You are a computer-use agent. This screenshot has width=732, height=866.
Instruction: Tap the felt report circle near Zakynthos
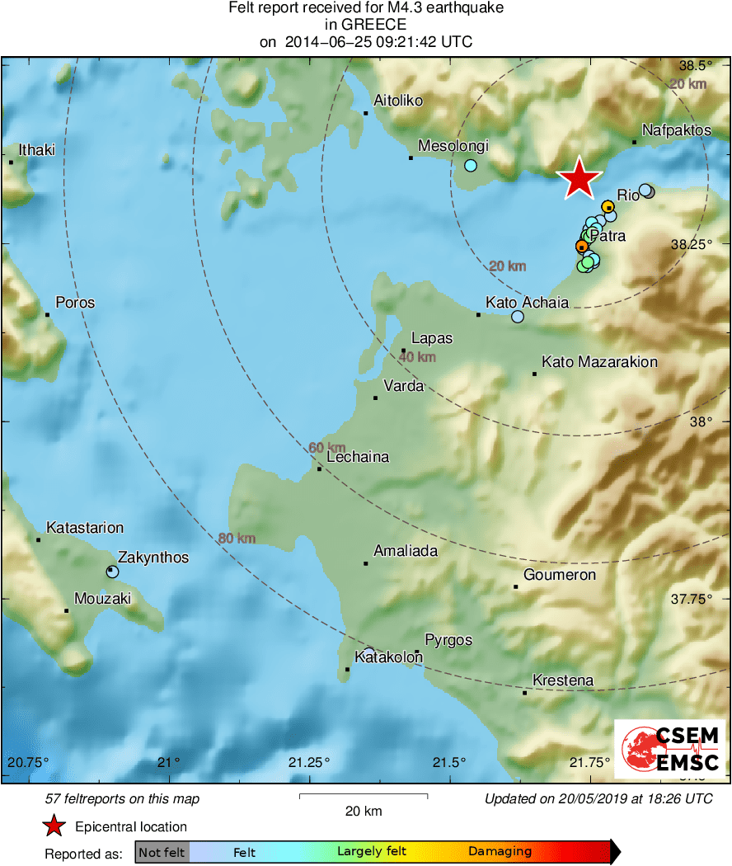[x=113, y=572]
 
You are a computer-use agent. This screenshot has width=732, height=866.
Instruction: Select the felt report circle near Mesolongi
[x=470, y=165]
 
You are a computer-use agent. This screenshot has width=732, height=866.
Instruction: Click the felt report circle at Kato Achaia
[x=518, y=317]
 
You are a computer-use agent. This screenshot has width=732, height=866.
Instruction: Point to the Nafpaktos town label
[x=676, y=130]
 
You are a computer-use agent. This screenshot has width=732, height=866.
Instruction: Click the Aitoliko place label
[x=398, y=101]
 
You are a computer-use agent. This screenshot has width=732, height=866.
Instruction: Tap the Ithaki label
[x=37, y=150]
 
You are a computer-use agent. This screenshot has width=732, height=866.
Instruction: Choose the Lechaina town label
[x=358, y=458]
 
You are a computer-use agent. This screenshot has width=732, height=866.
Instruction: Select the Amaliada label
[x=406, y=551]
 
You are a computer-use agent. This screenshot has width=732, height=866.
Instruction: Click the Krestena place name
[x=563, y=680]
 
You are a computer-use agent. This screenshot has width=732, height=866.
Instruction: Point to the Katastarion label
[x=85, y=528]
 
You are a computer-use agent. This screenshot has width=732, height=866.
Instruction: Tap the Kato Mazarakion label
[x=599, y=362]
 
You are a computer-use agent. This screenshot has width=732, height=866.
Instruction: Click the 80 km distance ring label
[x=237, y=539]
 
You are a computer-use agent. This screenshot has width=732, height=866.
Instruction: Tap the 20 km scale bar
[x=363, y=797]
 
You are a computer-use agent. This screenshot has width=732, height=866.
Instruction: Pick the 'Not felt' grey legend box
[x=162, y=852]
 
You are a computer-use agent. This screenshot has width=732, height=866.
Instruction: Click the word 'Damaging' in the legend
[x=500, y=852]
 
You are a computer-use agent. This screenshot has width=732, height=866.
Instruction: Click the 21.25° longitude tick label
[x=309, y=761]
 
